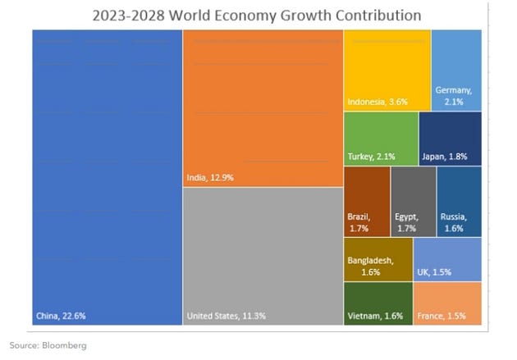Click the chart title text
click(x=257, y=16)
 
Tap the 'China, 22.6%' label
click(x=61, y=316)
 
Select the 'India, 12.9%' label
click(x=210, y=178)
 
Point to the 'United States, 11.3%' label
click(x=226, y=316)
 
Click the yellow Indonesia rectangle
click(x=387, y=71)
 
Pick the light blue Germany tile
click(x=456, y=71)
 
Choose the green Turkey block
click(x=381, y=139)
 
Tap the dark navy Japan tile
click(x=451, y=139)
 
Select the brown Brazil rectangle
click(x=367, y=202)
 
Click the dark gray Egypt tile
click(x=413, y=202)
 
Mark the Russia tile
click(x=459, y=202)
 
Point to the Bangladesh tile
click(x=377, y=259)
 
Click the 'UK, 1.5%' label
click(x=434, y=272)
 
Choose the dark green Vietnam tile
click(x=377, y=303)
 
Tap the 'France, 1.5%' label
click(x=442, y=317)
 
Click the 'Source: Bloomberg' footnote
click(x=48, y=345)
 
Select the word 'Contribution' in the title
click(x=378, y=16)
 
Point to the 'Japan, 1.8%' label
click(x=445, y=157)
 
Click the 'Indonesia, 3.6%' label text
click(x=377, y=102)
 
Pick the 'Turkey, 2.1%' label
click(x=371, y=157)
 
